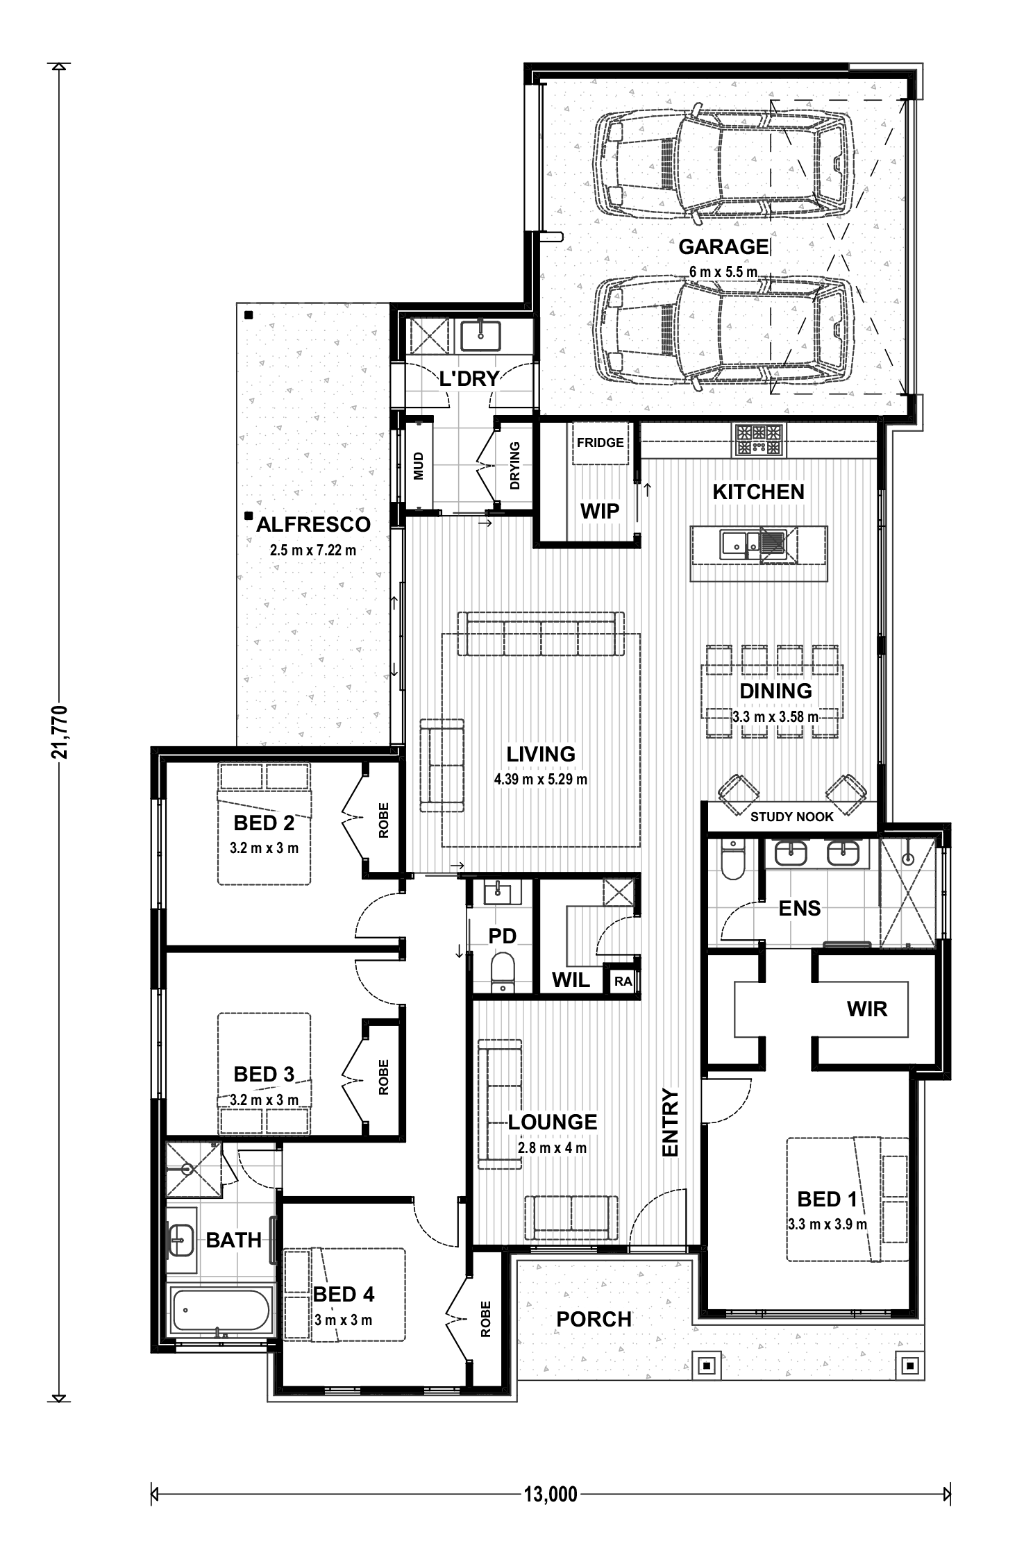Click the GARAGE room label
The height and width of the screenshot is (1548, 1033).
point(723,246)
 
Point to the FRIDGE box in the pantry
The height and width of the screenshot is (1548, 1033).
point(600,443)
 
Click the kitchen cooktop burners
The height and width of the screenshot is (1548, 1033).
point(759,439)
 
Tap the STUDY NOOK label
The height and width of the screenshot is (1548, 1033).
point(791,817)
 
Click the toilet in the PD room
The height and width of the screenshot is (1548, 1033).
point(502,971)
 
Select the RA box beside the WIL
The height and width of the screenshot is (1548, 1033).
point(623,981)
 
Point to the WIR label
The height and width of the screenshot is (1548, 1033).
point(867,1009)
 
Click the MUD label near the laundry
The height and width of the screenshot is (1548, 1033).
point(418,465)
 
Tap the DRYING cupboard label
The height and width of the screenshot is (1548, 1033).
point(515,466)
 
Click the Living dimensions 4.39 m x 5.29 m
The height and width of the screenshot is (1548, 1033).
point(541,780)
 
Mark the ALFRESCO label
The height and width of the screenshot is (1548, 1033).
point(313,525)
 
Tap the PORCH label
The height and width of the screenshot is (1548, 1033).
point(594,1319)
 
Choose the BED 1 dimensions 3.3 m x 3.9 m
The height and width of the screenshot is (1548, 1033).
point(828,1225)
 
